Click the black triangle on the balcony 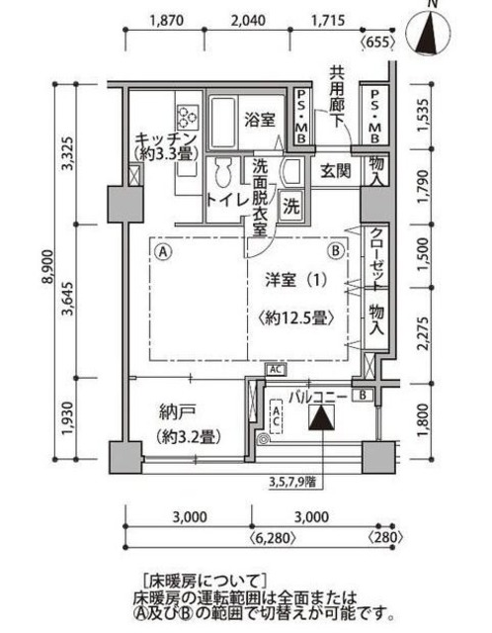tap(321, 418)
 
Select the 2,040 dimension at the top tap(248, 20)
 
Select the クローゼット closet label tap(376, 256)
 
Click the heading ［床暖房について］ tap(205, 579)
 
